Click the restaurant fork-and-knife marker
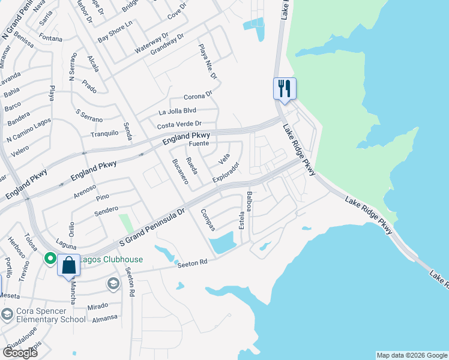tap(283, 88)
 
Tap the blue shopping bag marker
tap(68, 266)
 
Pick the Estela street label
tap(242, 220)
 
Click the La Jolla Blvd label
tap(177, 111)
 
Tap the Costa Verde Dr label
tap(179, 125)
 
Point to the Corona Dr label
tap(198, 96)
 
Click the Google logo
tap(20, 353)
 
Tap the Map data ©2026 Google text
tap(411, 355)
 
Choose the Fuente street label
tap(199, 144)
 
